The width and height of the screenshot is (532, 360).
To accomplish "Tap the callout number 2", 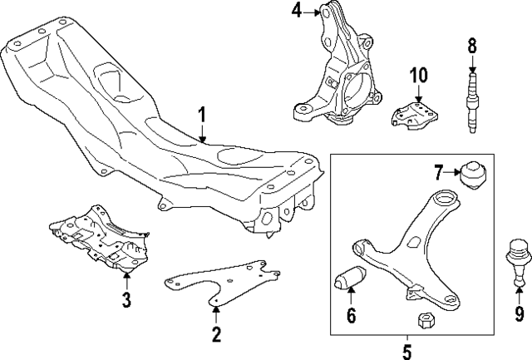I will coord(215,335).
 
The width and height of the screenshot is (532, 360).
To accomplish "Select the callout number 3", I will coord(126,299).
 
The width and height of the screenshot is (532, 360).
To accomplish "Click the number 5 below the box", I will coord(406,352).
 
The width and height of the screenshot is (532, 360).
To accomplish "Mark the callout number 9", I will coord(520,313).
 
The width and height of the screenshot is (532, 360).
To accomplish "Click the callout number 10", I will coord(418,75).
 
